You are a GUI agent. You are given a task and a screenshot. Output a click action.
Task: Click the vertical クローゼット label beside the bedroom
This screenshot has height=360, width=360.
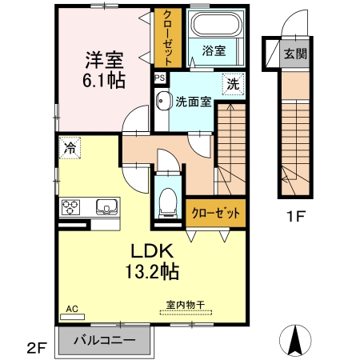pyautogui.click(x=168, y=38)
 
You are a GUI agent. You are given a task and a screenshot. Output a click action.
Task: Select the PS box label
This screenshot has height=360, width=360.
pyautogui.click(x=160, y=78)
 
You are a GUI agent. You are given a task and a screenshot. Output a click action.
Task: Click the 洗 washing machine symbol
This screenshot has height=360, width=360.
pyautogui.click(x=232, y=83)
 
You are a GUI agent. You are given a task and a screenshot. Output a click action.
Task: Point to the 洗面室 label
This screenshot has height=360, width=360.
pyautogui.click(x=193, y=102)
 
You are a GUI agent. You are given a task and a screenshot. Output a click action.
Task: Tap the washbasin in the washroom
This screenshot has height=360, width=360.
pyautogui.click(x=162, y=102)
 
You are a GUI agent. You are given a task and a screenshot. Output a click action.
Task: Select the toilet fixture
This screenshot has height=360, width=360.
pyautogui.click(x=168, y=201)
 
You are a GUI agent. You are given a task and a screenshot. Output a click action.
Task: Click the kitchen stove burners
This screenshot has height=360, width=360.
pyautogui.click(x=69, y=209)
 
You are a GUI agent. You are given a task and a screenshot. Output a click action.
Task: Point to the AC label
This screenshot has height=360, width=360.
pyautogui.click(x=70, y=306)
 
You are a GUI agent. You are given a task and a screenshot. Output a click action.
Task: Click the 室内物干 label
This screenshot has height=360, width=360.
pyautogui.click(x=186, y=305)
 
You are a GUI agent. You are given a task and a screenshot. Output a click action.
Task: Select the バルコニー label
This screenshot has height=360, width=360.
pyautogui.click(x=104, y=338)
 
